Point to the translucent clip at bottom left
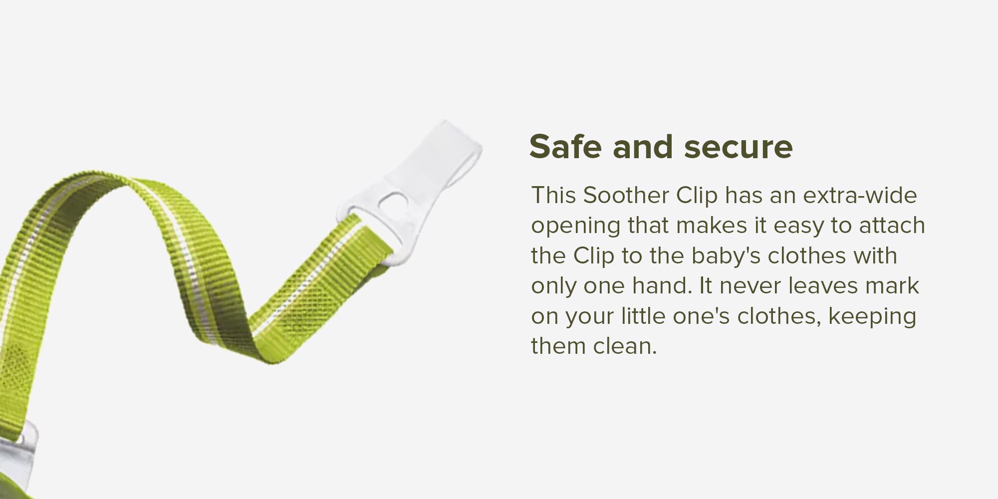tap(20, 444)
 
